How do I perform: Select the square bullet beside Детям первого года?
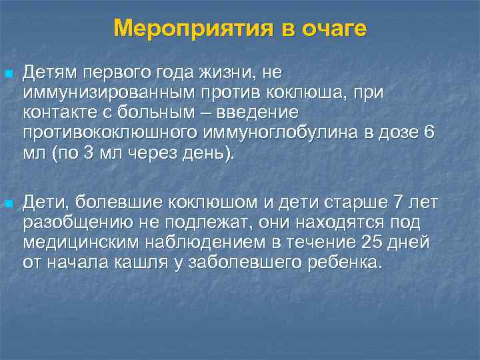click(x=7, y=72)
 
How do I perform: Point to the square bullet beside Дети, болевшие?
click(x=7, y=202)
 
